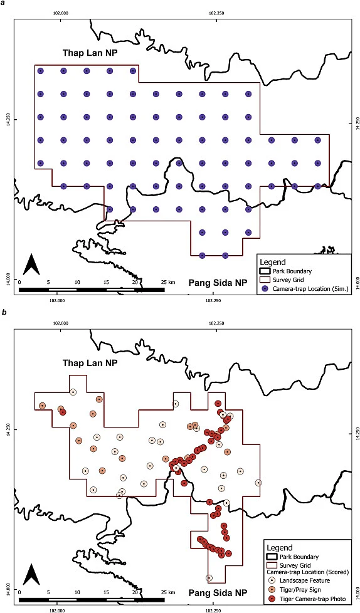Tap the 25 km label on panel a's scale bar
167,283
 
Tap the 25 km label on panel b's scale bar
167,591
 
